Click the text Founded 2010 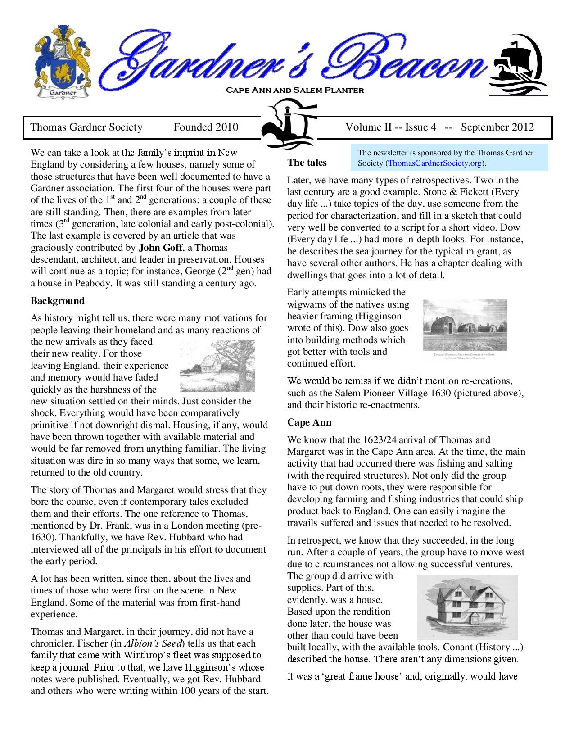point(206,127)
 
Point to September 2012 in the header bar point(497,127)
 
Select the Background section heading point(58,301)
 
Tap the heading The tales point(307,163)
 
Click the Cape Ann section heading point(309,422)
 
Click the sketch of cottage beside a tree point(217,366)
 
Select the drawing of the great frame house point(467,607)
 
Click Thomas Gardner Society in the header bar point(86,127)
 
